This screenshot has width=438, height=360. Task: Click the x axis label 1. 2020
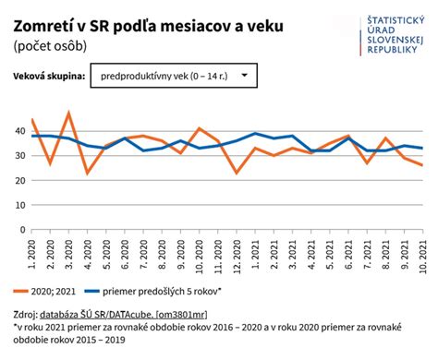point(33,251)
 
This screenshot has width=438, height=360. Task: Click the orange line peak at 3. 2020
point(68,113)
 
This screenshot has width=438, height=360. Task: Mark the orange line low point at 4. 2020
point(87,173)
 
